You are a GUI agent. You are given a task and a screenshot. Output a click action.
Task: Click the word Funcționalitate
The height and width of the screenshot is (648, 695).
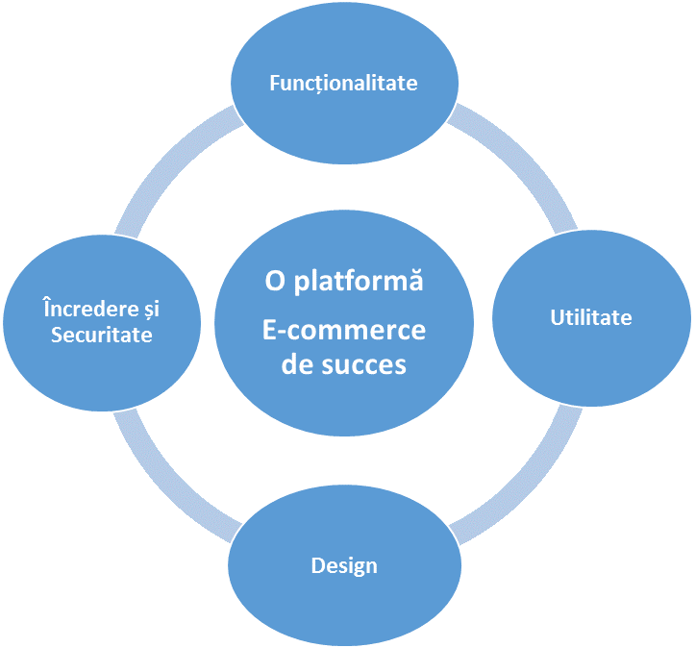pyautogui.click(x=343, y=83)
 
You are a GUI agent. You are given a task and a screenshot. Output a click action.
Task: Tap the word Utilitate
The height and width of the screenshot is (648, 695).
pyautogui.click(x=591, y=317)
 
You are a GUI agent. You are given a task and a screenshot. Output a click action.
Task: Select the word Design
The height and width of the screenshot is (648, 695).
pyautogui.click(x=344, y=565)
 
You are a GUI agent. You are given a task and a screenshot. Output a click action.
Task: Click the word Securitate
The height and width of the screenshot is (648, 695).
pyautogui.click(x=101, y=334)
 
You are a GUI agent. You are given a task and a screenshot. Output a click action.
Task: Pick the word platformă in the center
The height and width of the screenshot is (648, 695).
pyautogui.click(x=357, y=283)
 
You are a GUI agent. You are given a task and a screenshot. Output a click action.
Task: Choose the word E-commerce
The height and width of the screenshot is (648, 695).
pyautogui.click(x=344, y=330)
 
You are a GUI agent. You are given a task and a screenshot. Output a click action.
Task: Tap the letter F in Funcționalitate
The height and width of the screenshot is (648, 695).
pyautogui.click(x=274, y=83)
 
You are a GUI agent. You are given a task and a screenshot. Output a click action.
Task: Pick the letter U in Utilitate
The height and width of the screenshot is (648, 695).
pyautogui.click(x=556, y=317)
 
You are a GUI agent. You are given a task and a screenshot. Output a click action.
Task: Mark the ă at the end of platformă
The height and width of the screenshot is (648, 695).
pyautogui.click(x=416, y=283)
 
